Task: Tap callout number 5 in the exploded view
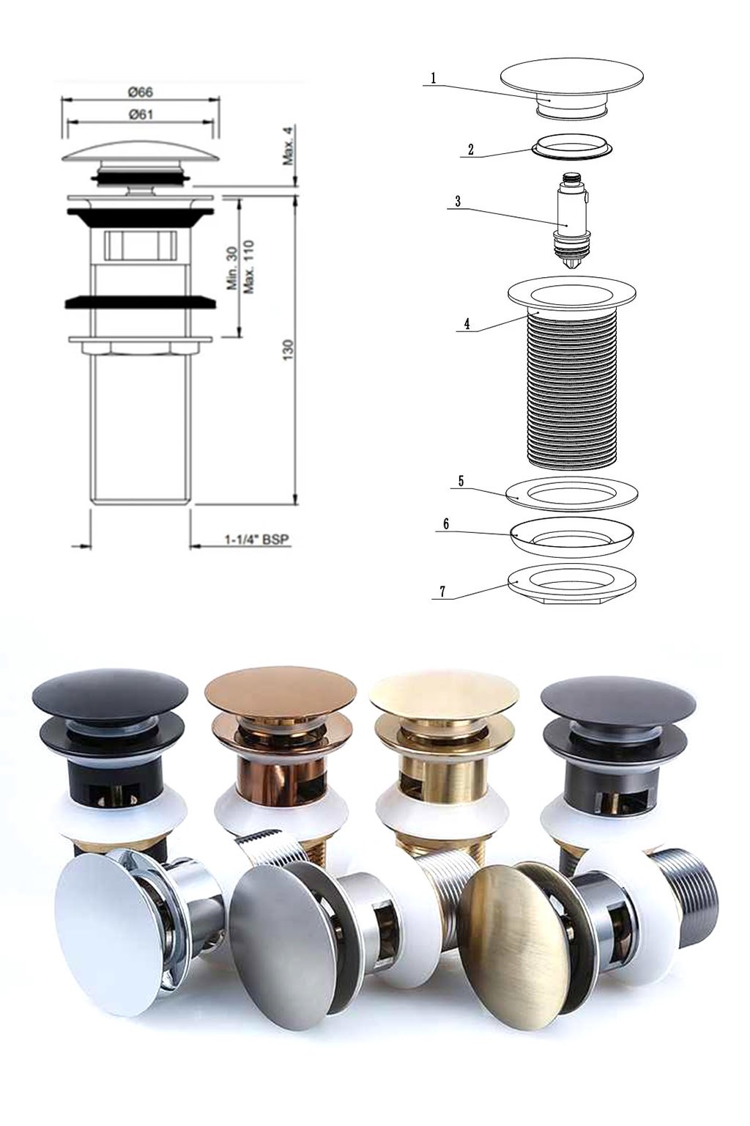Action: (461, 481)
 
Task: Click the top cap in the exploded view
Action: (571, 80)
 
